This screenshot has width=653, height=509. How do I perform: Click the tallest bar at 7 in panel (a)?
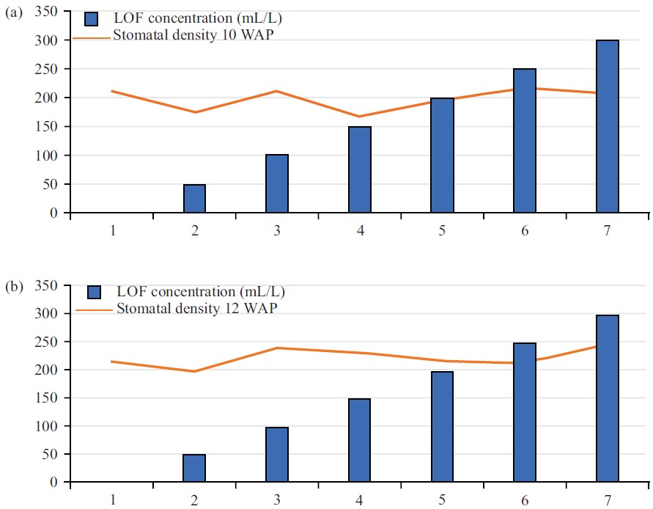click(607, 126)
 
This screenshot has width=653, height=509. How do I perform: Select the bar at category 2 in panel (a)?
click(194, 199)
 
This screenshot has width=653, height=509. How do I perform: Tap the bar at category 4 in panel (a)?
click(359, 169)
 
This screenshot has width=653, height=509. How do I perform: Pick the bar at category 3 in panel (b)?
click(276, 455)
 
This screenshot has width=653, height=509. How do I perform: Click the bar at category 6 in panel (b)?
click(524, 412)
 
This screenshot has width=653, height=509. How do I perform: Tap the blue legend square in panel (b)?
click(93, 292)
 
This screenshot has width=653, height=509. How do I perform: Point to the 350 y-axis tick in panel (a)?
click(50, 12)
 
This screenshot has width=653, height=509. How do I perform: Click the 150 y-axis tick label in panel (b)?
click(50, 398)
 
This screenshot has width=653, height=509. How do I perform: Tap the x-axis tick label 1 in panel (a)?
click(113, 230)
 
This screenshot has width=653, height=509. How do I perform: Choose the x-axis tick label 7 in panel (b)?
click(607, 499)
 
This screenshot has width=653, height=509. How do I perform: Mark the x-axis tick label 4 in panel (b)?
click(359, 499)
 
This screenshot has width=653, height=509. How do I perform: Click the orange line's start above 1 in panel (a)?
click(111, 91)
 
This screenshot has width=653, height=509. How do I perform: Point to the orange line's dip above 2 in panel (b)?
click(194, 371)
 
